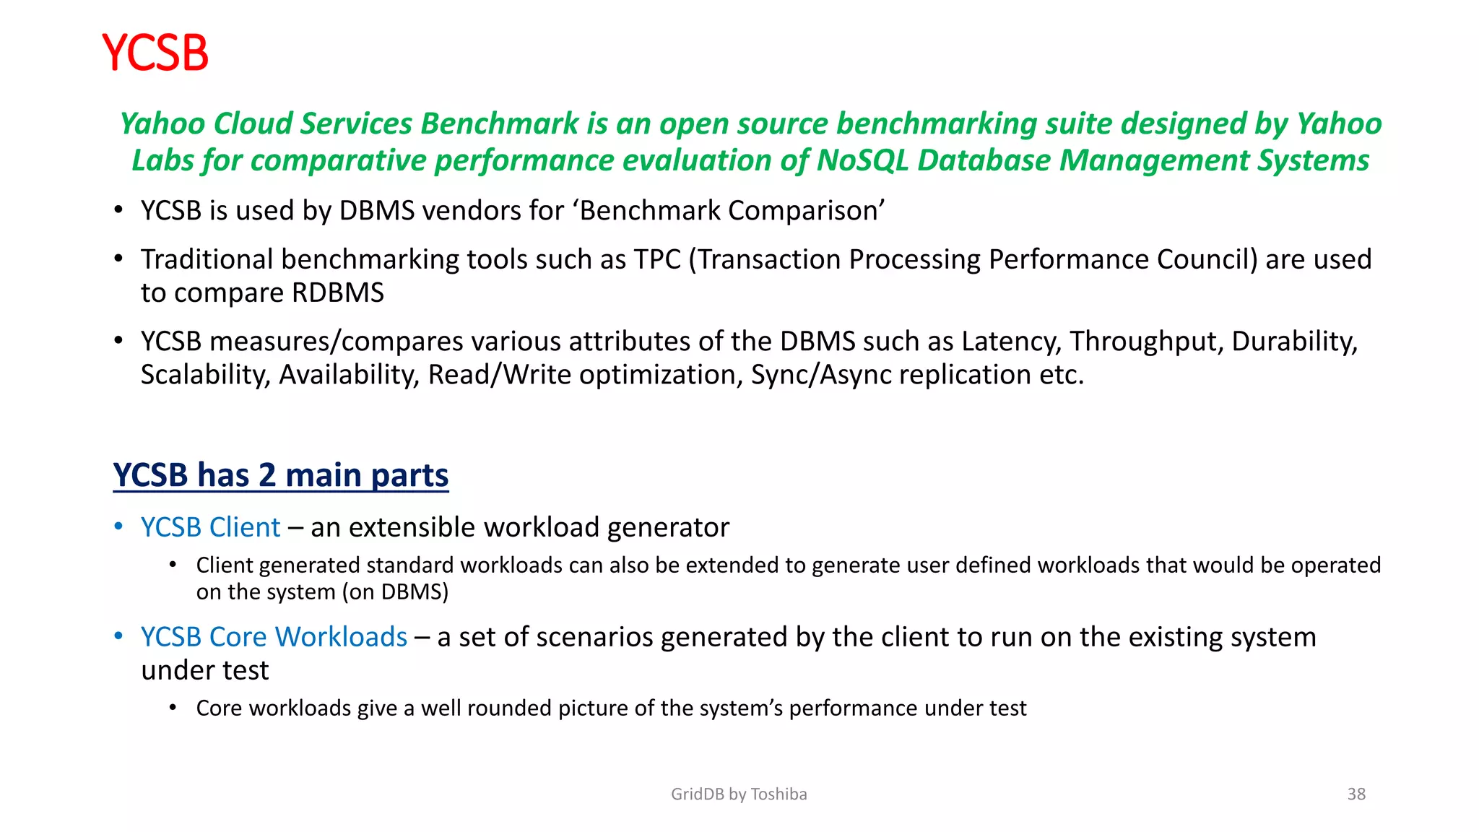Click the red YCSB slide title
pyautogui.click(x=155, y=52)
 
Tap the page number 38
pyautogui.click(x=1356, y=794)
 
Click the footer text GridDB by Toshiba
pyautogui.click(x=738, y=794)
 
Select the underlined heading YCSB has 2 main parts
pyautogui.click(x=280, y=474)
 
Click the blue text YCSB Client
pyautogui.click(x=210, y=527)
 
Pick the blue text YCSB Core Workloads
pyautogui.click(x=274, y=637)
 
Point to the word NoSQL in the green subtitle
pyautogui.click(x=862, y=160)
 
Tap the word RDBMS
pyautogui.click(x=337, y=292)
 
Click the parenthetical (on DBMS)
pyautogui.click(x=395, y=592)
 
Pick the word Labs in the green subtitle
pyautogui.click(x=162, y=160)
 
